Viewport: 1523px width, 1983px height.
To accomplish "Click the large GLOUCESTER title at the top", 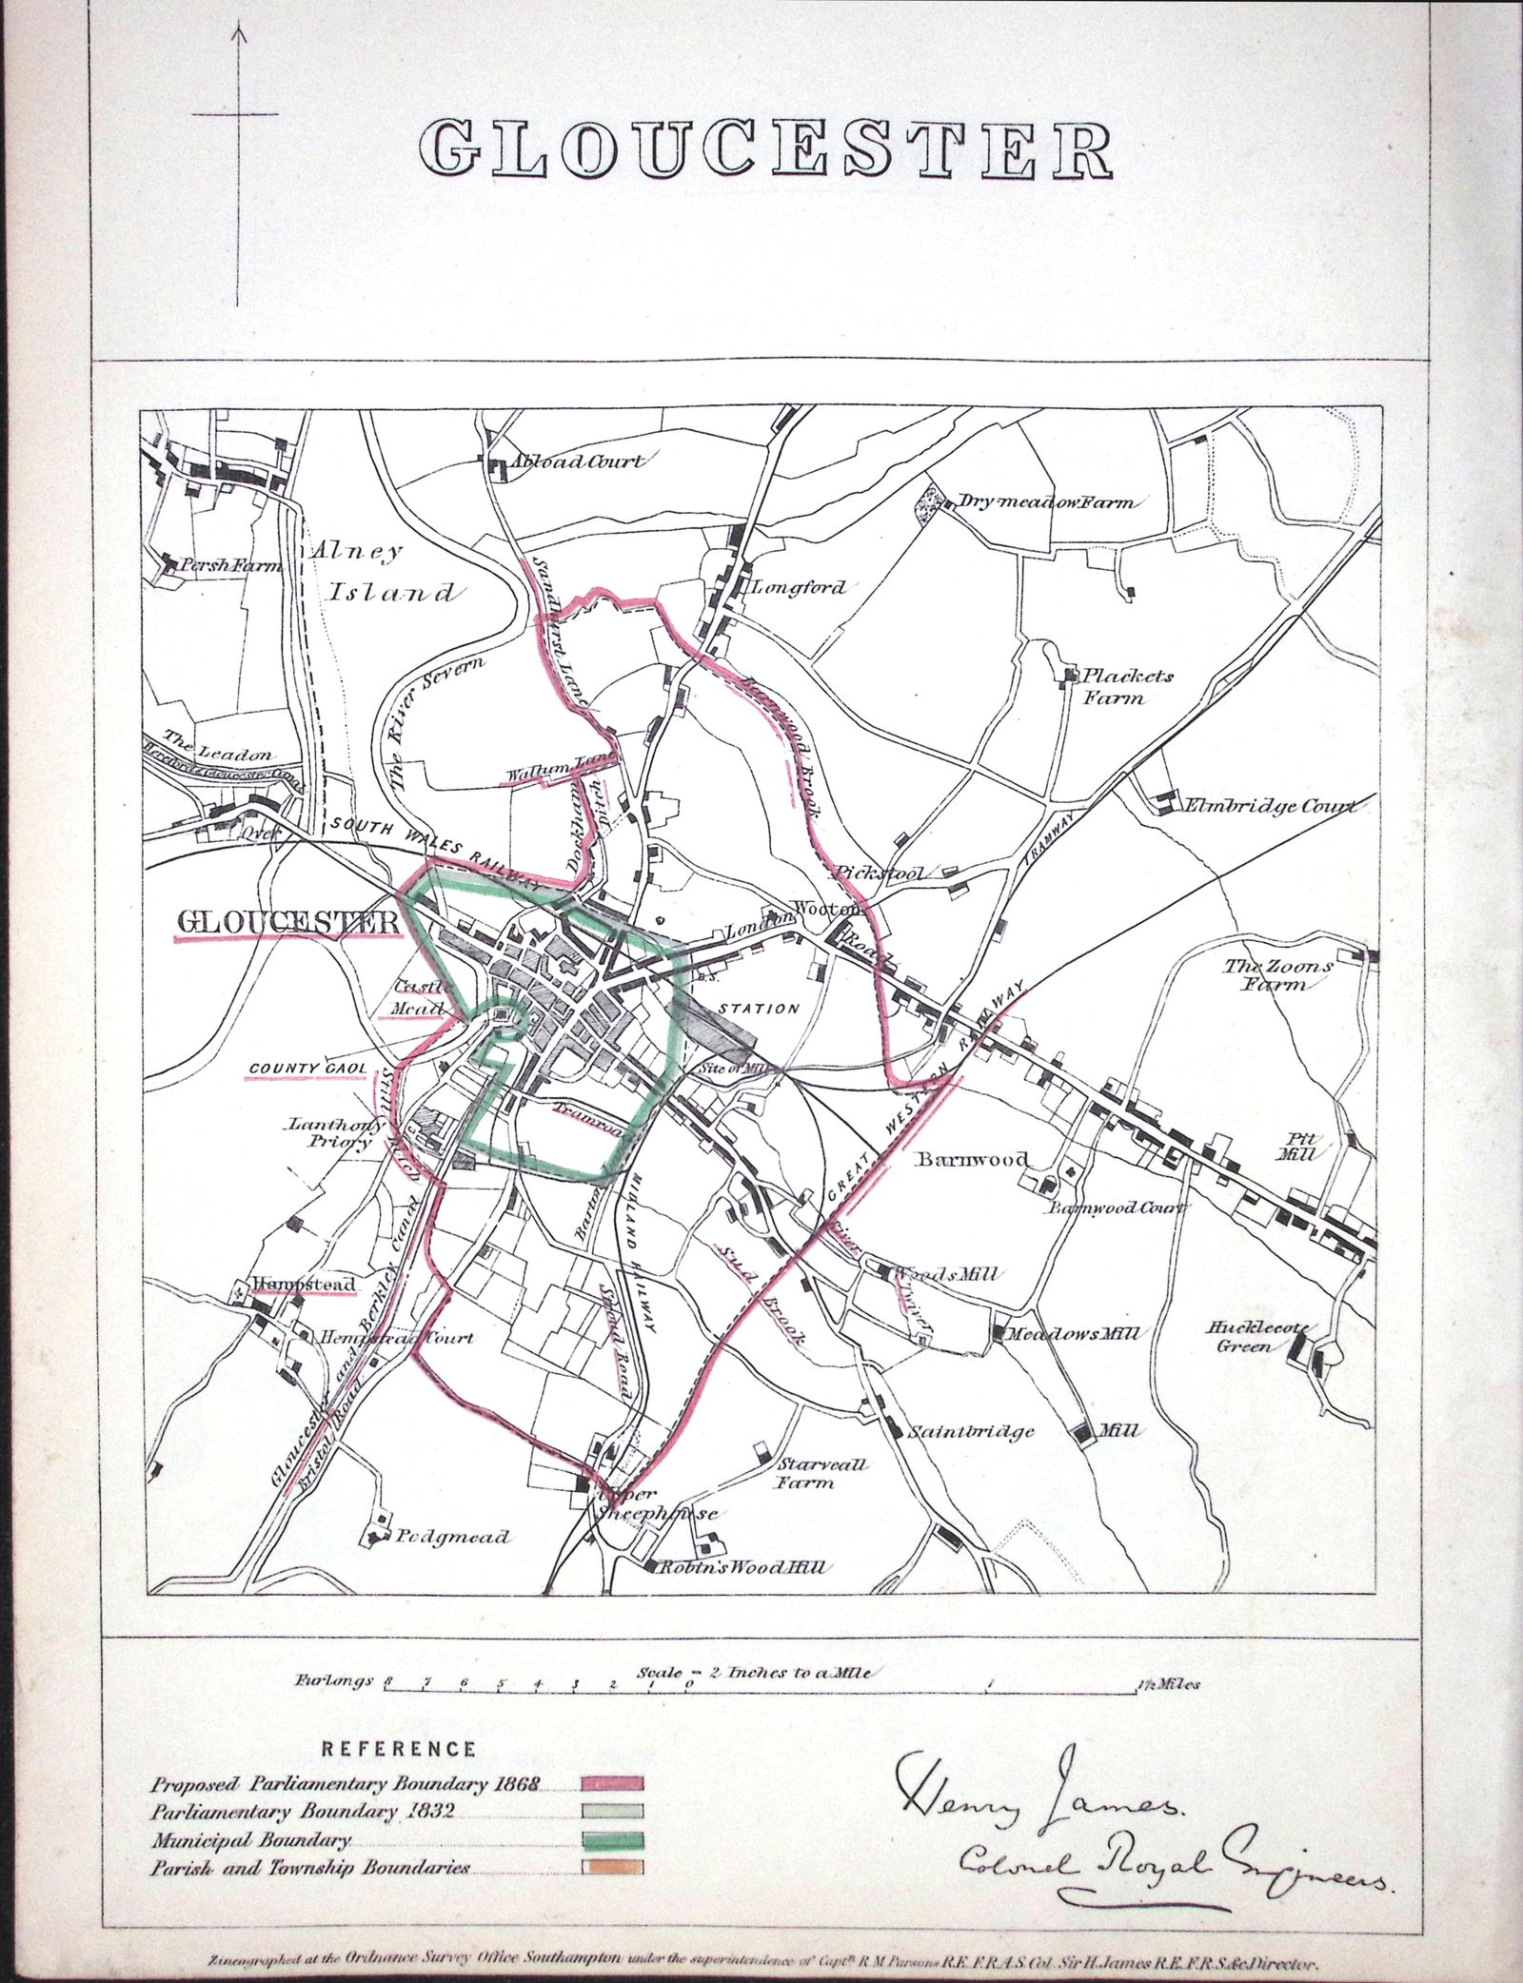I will pyautogui.click(x=766, y=149).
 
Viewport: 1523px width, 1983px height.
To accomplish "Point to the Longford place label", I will pyautogui.click(x=799, y=587).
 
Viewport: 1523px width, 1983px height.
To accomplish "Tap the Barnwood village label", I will pyautogui.click(x=972, y=1159).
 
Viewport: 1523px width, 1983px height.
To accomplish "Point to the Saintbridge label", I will pyautogui.click(x=971, y=1431).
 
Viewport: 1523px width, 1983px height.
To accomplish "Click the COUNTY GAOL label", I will pyautogui.click(x=307, y=1069).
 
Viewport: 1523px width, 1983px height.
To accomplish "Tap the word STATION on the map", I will pyautogui.click(x=758, y=1009).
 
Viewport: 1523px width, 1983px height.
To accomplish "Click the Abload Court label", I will pyautogui.click(x=577, y=461).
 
